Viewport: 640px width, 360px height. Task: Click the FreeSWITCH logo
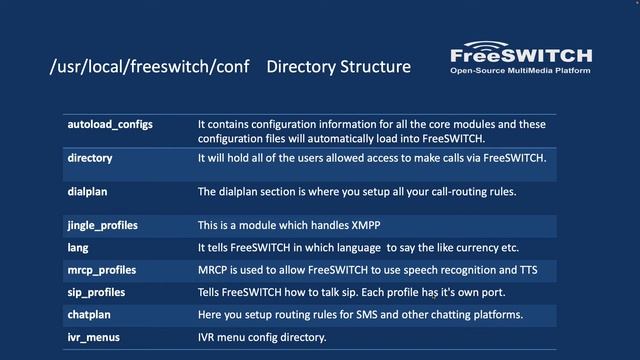[520, 56]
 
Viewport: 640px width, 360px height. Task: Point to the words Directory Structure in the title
[339, 67]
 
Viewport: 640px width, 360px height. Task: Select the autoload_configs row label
[110, 124]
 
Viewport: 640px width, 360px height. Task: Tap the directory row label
[90, 158]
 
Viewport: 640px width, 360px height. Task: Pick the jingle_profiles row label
[103, 225]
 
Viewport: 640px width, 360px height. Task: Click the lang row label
[78, 247]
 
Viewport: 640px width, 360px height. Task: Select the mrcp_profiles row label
[102, 270]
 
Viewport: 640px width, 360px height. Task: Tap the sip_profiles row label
[97, 293]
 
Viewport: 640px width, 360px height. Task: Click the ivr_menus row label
[94, 338]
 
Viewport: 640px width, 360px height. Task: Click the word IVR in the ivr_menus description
[207, 338]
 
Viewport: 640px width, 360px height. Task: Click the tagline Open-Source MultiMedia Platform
[520, 72]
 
